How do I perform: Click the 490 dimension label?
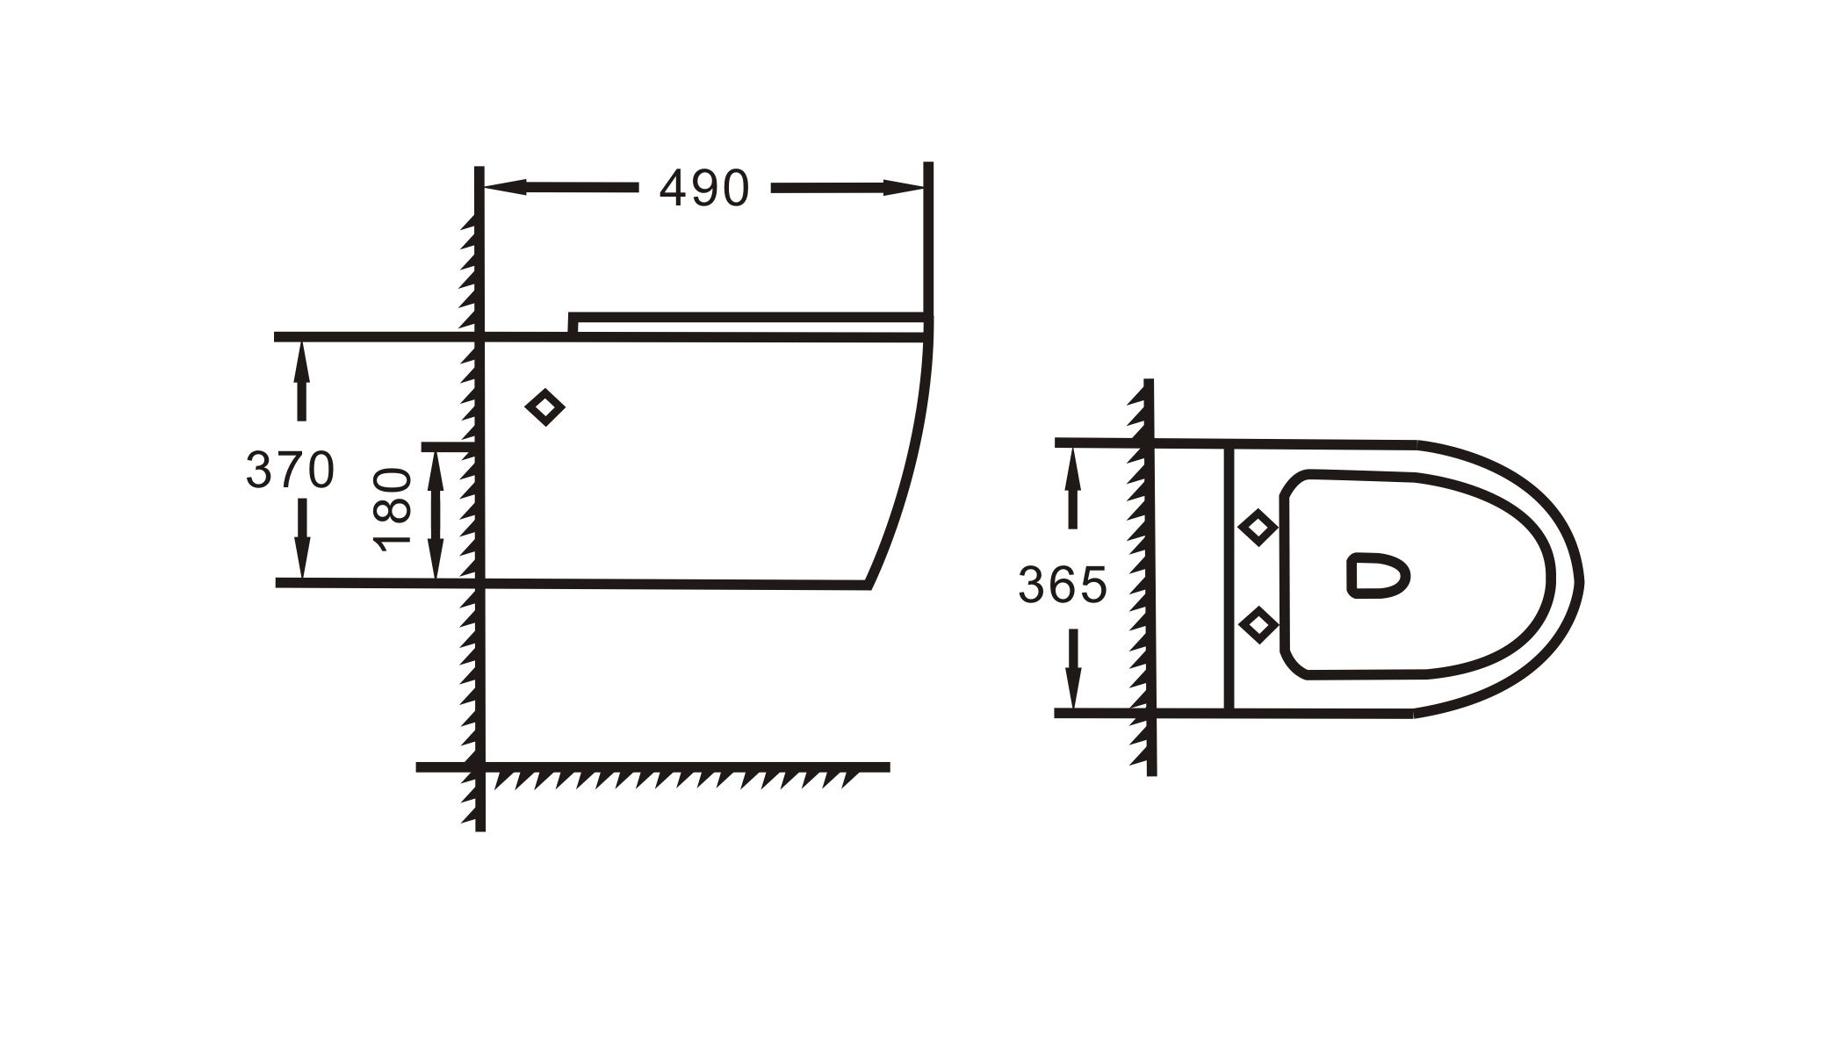704,188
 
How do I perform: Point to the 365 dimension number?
1063,585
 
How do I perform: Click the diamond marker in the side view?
545,407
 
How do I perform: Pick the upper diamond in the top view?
1258,529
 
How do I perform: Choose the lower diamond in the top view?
1258,624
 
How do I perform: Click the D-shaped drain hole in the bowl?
1376,575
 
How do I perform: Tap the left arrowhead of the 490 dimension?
506,187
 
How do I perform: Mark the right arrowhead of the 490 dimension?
904,187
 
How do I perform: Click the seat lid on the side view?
746,320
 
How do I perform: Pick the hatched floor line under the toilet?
667,773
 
